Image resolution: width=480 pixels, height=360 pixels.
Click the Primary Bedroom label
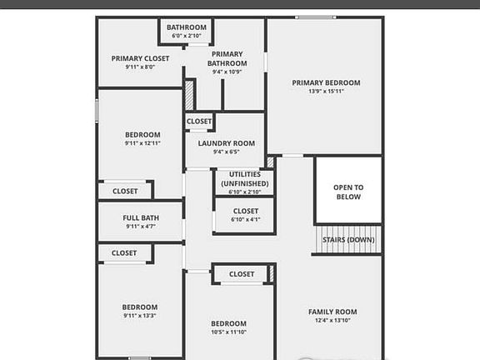coord(326,82)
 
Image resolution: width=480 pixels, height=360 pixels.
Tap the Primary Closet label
coord(141,58)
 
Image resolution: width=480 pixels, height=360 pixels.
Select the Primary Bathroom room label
coord(227,58)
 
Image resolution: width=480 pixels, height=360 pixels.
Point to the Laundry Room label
coord(226,143)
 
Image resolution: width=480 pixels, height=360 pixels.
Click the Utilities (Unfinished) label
coord(244,178)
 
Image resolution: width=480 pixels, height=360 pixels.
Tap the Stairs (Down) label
coord(348,240)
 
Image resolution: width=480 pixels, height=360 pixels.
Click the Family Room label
coord(332,312)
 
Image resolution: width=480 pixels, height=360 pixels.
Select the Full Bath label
coord(141,217)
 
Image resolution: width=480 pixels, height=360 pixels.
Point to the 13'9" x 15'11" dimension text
coord(326,92)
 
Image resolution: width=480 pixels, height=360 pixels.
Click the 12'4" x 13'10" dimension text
coord(332,320)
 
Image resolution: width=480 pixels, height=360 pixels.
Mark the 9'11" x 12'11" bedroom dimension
coord(142,143)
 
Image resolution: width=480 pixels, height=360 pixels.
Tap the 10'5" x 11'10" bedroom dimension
coord(227,332)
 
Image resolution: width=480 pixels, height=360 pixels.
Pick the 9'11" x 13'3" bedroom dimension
coord(139,315)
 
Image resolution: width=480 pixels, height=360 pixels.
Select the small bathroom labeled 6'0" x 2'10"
coord(187,32)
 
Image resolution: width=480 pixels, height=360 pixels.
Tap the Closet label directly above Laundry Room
coord(199,122)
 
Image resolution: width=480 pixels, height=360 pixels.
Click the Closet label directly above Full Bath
coord(125,191)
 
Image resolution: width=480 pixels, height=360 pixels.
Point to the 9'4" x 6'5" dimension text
coord(226,152)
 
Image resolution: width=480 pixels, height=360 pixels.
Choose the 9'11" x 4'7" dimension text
coord(141,226)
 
